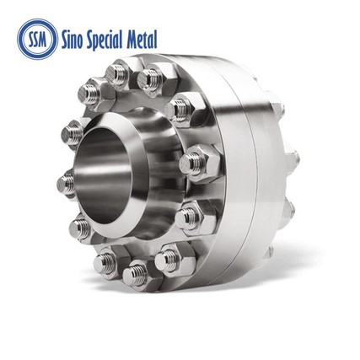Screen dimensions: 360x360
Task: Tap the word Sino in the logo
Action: point(73,37)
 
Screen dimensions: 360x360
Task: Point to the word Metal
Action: point(143,37)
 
